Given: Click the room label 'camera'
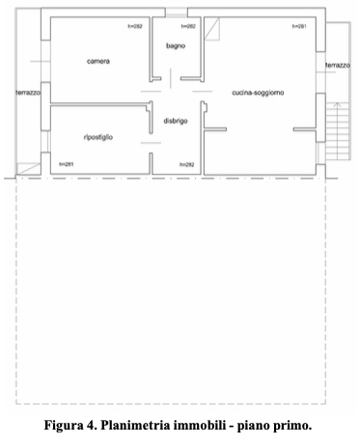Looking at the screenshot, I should coord(97,62).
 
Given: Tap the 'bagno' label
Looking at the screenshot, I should coord(176,45).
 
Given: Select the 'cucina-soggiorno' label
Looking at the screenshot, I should coord(259,93).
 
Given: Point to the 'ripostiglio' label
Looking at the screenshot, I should coord(98,138).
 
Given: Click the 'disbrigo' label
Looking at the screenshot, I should coord(176,121).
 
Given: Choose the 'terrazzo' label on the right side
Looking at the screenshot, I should coord(337,65).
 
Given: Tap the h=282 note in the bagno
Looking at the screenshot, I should coord(189,26).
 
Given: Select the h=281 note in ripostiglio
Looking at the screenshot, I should coord(66,164).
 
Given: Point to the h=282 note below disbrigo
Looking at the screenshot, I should coord(187,164).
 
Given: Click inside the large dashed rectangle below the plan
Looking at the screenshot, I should coord(172,290).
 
